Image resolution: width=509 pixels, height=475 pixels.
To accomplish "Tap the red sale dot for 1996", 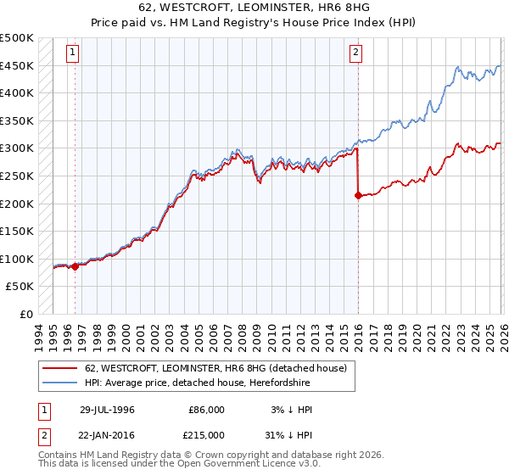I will point(75,266).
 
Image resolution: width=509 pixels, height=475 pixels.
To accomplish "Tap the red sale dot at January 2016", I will point(357,195).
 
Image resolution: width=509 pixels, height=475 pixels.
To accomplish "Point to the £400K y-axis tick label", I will point(18,93).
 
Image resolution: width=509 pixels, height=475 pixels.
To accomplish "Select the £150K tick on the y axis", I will point(18,231).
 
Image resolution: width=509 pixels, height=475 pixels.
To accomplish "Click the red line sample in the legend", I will point(59,368).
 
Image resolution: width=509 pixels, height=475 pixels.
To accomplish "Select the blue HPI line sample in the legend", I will point(59,383).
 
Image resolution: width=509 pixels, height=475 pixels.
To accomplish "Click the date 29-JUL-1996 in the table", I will point(107,410).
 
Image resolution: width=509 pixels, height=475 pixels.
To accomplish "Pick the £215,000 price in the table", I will point(206,433).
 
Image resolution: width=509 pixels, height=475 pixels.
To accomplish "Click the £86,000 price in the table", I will point(206,410).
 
